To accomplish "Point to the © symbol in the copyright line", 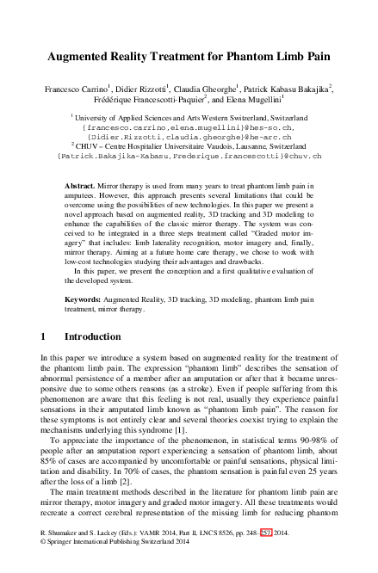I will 44,566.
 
